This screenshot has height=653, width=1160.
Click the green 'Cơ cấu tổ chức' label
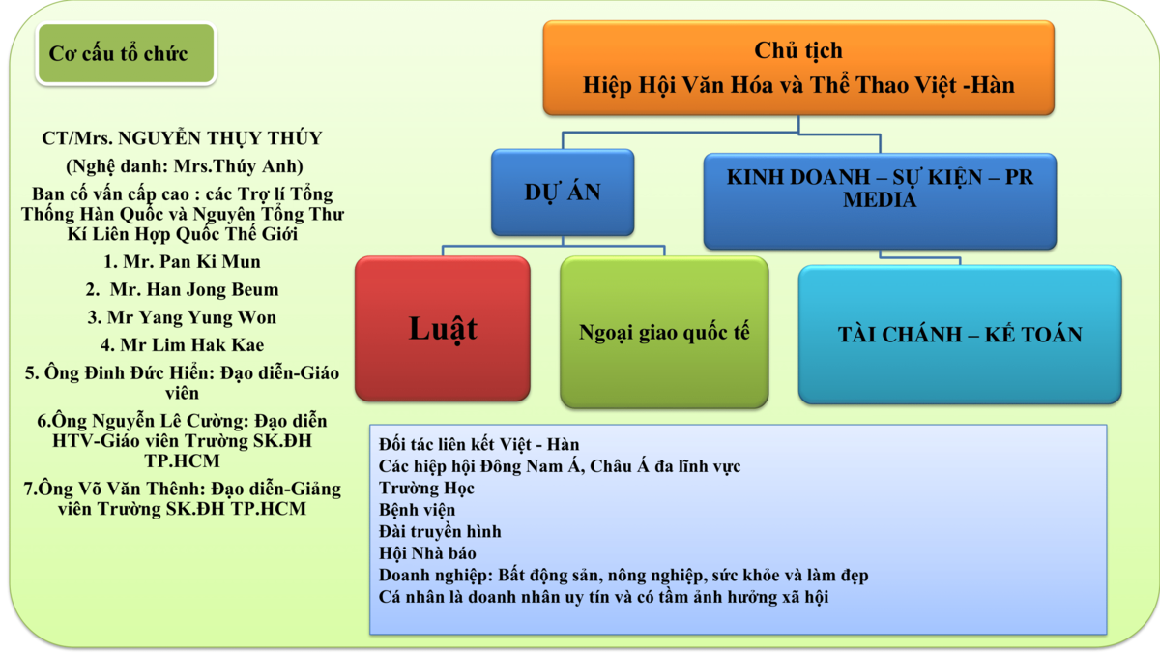(x=125, y=54)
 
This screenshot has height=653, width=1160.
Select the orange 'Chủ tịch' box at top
(x=798, y=68)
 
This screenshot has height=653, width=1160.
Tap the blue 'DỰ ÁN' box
(x=563, y=193)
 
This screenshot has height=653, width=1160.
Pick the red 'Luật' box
(x=443, y=329)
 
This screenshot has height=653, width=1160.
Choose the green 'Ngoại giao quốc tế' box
(x=664, y=333)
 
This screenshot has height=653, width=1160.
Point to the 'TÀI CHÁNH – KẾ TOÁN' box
(x=959, y=335)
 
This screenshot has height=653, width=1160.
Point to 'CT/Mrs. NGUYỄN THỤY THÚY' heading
(x=182, y=138)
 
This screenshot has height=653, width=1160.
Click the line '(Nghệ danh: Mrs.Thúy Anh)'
(x=184, y=165)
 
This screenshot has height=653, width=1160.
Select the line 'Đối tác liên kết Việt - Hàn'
(x=478, y=445)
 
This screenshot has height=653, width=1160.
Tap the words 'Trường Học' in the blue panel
(x=426, y=489)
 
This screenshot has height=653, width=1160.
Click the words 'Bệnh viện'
(x=417, y=510)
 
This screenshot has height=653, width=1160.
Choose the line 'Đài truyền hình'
(x=440, y=532)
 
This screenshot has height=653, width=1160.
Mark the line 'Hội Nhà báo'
(x=427, y=553)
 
